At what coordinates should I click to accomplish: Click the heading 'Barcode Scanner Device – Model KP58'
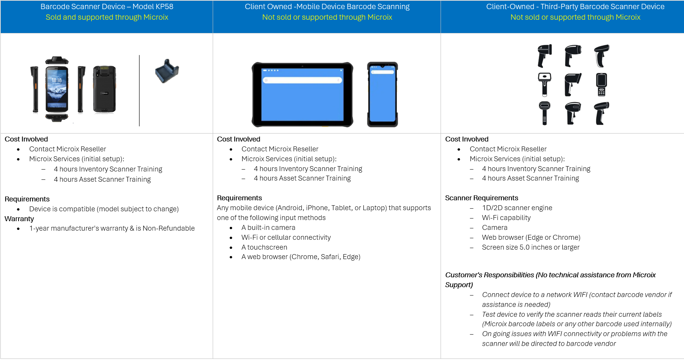click(x=107, y=6)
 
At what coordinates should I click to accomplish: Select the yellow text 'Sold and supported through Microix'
click(x=107, y=17)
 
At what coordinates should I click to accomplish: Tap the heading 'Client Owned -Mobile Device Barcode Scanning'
click(x=327, y=6)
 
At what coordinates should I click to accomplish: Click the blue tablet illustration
click(x=302, y=95)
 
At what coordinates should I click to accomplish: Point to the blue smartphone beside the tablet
click(x=382, y=95)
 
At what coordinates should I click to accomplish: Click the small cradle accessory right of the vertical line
click(x=167, y=71)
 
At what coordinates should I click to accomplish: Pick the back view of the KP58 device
click(x=105, y=89)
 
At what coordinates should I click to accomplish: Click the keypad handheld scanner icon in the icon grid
click(x=601, y=84)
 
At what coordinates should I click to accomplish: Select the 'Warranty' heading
click(x=19, y=219)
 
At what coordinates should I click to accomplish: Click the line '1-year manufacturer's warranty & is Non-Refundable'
click(x=112, y=228)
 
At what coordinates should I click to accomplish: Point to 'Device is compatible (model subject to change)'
click(x=104, y=209)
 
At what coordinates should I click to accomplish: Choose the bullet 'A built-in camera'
click(x=268, y=228)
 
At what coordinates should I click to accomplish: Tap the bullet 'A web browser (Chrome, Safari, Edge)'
click(x=301, y=257)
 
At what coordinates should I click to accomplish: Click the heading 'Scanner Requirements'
click(x=482, y=198)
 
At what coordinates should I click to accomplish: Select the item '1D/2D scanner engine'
click(x=517, y=208)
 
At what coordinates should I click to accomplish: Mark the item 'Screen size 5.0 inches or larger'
click(x=530, y=247)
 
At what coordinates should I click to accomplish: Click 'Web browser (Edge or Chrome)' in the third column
click(x=531, y=237)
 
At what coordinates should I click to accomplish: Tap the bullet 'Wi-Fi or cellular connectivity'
click(x=286, y=237)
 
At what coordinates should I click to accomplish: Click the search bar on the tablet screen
click(x=302, y=80)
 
